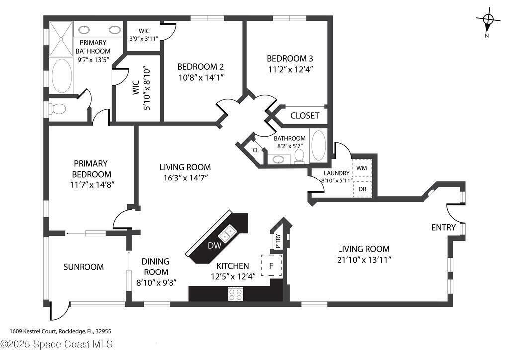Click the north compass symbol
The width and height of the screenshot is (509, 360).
488,20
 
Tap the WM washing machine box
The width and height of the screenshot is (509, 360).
362,168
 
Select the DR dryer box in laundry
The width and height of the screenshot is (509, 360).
362,188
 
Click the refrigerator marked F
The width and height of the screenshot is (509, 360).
271,266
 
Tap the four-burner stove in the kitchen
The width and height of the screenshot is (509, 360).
235,294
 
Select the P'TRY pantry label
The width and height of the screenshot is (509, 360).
278,241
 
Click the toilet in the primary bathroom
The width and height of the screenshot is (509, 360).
57,109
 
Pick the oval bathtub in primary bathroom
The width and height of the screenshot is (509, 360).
62,76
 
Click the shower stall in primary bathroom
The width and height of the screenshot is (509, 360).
61,39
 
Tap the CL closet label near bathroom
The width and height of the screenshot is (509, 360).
256,150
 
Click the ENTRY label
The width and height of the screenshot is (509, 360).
443,228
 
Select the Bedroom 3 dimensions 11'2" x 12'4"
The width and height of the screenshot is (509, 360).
290,69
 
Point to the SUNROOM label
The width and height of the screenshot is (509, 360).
84,267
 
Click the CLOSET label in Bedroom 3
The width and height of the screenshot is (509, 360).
305,115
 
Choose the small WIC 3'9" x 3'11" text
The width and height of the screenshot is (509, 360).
144,38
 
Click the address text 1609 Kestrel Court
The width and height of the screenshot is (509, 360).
33,332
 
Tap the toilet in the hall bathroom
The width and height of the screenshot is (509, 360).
299,156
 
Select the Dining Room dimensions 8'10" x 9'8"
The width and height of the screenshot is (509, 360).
156,283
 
